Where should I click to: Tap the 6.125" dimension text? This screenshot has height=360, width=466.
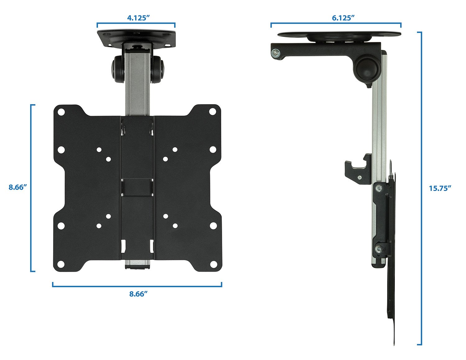(x=343, y=18)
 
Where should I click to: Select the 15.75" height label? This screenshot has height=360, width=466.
(x=440, y=188)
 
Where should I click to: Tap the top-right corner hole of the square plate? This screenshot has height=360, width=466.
(x=213, y=111)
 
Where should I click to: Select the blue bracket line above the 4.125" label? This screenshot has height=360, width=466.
(x=136, y=23)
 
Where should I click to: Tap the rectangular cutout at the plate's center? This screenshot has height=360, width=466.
(x=137, y=187)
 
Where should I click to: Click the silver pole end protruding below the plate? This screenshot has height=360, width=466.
(x=137, y=265)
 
